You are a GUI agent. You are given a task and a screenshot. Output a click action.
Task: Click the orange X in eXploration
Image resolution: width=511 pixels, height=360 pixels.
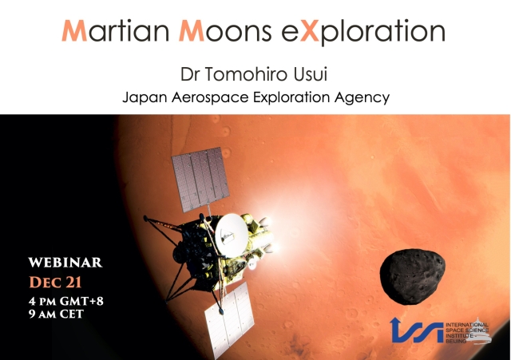tap(309, 31)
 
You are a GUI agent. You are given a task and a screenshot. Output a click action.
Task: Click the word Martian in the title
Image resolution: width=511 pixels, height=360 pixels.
tap(116, 30)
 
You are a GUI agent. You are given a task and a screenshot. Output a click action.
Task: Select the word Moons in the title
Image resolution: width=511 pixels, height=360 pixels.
tap(225, 31)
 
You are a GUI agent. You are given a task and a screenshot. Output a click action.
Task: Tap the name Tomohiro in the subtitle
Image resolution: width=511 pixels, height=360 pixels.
tap(247, 74)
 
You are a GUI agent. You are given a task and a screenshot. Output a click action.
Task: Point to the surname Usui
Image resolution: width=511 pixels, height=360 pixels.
tap(311, 74)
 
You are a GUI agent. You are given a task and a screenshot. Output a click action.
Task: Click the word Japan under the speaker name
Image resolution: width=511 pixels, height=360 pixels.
tap(145, 97)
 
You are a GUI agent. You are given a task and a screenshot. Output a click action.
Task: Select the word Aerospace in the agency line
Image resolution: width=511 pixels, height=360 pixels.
tap(210, 97)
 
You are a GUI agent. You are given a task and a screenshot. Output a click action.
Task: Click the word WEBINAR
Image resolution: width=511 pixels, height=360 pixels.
tap(65, 263)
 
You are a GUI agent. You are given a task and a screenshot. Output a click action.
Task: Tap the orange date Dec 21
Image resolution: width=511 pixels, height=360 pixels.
tap(55, 282)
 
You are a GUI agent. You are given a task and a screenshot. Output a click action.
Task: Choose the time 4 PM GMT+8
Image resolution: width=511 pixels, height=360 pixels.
tap(66, 301)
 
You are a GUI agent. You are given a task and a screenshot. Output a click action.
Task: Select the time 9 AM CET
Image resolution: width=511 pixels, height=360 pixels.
tap(56, 314)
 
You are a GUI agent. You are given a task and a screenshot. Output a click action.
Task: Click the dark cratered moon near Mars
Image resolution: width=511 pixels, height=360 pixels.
tap(413, 277)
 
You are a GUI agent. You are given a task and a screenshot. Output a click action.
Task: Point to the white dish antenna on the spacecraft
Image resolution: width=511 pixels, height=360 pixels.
tap(232, 235)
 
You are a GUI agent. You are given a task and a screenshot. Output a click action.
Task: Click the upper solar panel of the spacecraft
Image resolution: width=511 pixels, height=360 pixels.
tap(200, 179)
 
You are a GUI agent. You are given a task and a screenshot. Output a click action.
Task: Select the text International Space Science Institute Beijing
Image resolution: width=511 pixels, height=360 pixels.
tap(466, 333)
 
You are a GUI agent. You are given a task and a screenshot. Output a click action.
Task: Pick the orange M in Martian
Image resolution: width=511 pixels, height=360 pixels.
tap(74, 31)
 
